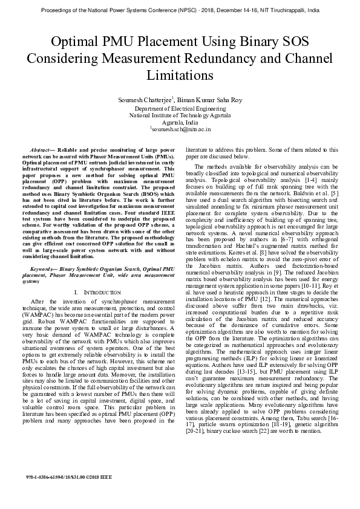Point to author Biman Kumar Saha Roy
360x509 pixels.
pos(209,99)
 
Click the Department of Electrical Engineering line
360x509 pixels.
pos(180,107)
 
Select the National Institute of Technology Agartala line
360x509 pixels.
pos(180,114)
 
